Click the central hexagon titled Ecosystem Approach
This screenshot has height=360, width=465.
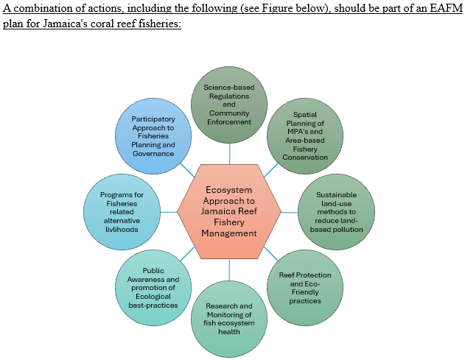pyautogui.click(x=229, y=211)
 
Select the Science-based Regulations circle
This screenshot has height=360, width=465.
pyautogui.click(x=229, y=105)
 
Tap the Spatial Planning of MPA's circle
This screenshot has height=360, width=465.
pyautogui.click(x=305, y=136)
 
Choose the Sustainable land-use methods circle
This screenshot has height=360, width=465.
pyautogui.click(x=336, y=212)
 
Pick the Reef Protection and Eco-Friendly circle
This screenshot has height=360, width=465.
pyautogui.click(x=305, y=288)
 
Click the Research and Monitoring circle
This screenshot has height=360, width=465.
pyautogui.click(x=229, y=319)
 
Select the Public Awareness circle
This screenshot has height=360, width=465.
pyautogui.click(x=153, y=288)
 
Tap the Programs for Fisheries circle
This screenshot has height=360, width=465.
pyautogui.click(x=122, y=212)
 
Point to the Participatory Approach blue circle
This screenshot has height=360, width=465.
pyautogui.click(x=153, y=136)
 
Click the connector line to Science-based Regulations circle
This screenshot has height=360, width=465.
pyautogui.click(x=229, y=154)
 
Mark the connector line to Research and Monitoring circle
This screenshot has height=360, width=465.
pyautogui.click(x=229, y=270)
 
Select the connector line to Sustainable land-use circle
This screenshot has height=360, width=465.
pyautogui.click(x=290, y=212)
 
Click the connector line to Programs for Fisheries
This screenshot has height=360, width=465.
pyautogui.click(x=169, y=212)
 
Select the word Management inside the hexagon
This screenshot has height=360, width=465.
pyautogui.click(x=229, y=233)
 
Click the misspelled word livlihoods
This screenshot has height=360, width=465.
pyautogui.click(x=122, y=230)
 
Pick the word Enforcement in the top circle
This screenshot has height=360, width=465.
pyautogui.click(x=229, y=121)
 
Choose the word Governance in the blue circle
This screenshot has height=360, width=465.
pyautogui.click(x=153, y=153)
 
